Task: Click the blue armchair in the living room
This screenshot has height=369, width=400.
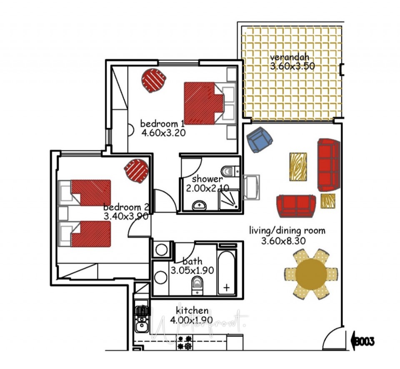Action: point(259,140)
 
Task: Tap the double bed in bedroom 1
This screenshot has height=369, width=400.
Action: point(203,103)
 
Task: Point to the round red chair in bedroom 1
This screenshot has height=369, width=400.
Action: point(154,80)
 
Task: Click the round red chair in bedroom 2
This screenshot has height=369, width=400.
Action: point(137,170)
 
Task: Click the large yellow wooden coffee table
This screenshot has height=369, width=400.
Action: point(298,167)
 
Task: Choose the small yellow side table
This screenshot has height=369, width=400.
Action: point(328,201)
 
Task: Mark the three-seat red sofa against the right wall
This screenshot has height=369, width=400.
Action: point(329,163)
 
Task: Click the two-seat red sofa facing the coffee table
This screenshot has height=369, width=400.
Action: point(296,205)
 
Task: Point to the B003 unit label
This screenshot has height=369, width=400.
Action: point(364,342)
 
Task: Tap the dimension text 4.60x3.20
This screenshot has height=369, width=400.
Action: point(163,133)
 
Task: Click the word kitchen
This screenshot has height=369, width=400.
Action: point(192,310)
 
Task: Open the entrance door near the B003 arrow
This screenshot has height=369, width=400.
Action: point(333,338)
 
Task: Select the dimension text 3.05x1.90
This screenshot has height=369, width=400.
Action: point(192,270)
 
